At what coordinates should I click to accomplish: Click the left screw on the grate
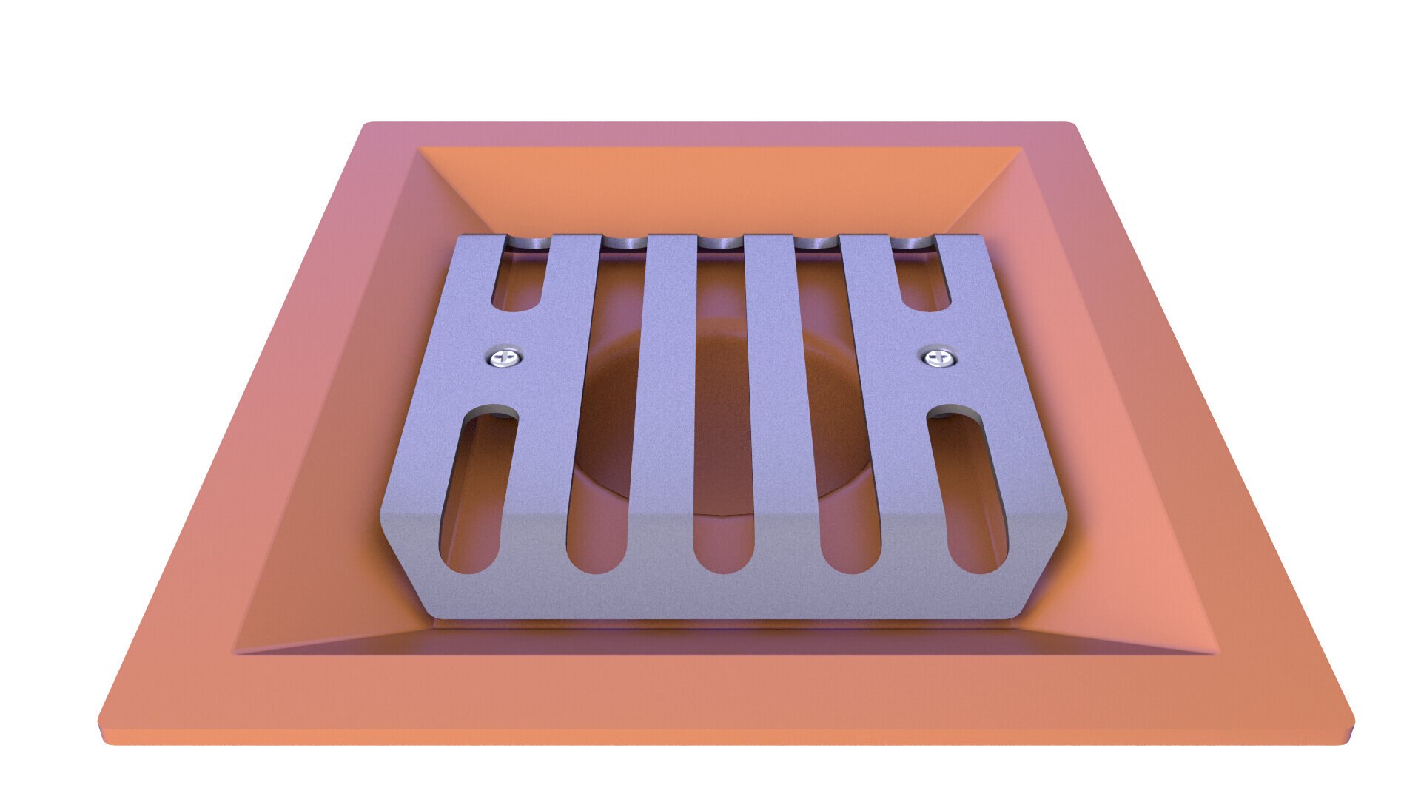click(x=505, y=360)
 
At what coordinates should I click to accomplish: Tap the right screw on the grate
click(x=939, y=359)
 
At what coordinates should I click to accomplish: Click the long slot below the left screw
click(x=477, y=488)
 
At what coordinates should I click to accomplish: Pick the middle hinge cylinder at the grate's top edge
click(x=722, y=241)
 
